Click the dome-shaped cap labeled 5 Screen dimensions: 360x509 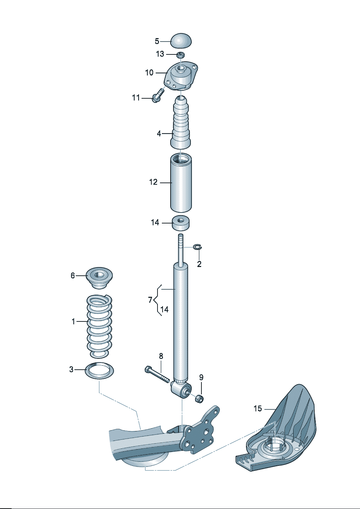coord(181,41)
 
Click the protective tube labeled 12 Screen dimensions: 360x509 coord(181,182)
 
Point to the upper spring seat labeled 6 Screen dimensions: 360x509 coord(99,278)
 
